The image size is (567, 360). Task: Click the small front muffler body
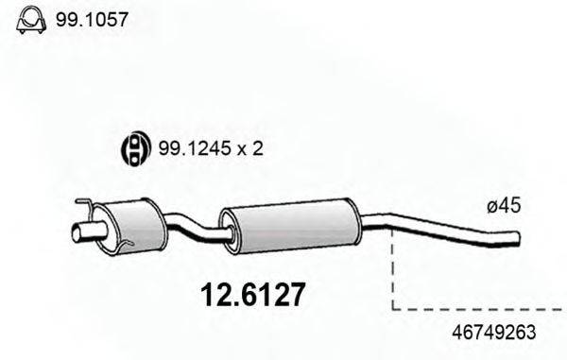(132, 223)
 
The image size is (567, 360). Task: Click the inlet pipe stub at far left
(85, 231)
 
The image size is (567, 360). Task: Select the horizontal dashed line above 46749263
(477, 308)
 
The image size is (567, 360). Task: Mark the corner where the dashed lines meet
(392, 308)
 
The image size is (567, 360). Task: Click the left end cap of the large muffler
(227, 231)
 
